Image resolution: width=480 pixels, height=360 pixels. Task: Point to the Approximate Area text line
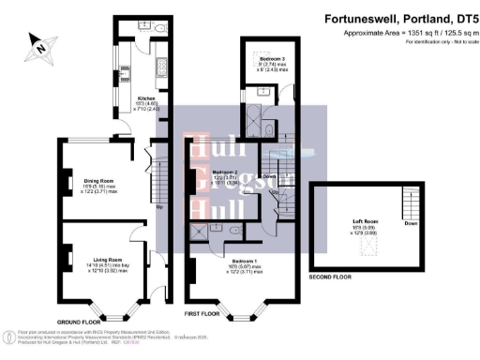[409, 31]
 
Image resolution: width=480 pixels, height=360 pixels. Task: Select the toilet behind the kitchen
[160, 29]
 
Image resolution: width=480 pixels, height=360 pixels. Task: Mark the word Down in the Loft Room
[410, 224]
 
